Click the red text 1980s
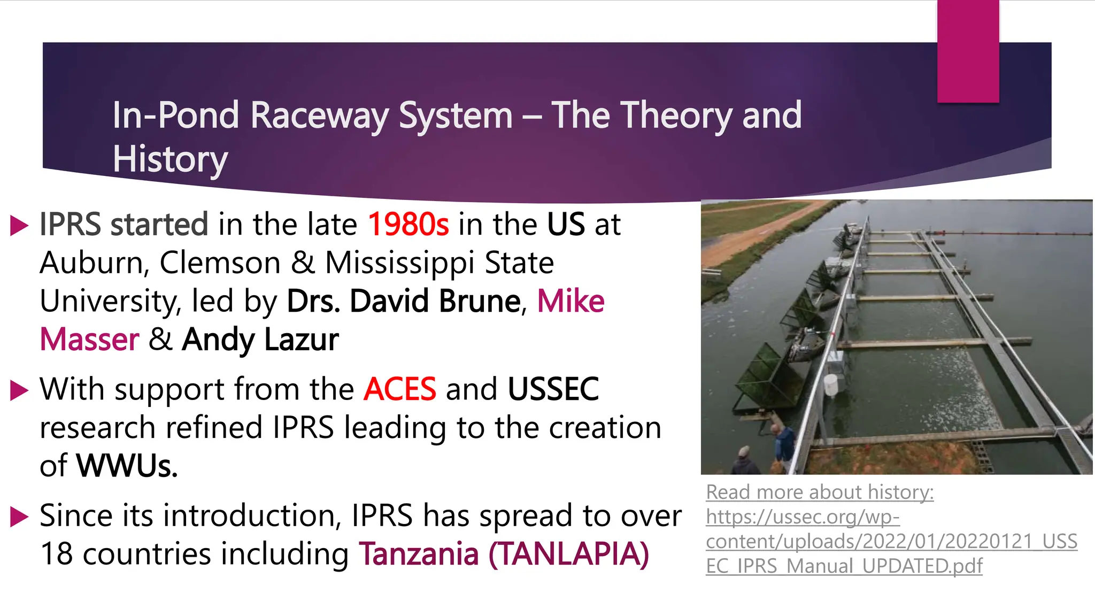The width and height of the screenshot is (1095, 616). [408, 224]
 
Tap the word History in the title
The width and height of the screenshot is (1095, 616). [170, 159]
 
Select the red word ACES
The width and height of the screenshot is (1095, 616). [399, 389]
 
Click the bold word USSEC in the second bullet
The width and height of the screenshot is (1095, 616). [553, 389]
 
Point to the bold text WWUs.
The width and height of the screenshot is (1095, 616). [127, 466]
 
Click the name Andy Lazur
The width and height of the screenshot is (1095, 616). [260, 340]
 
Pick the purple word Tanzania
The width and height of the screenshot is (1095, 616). [418, 554]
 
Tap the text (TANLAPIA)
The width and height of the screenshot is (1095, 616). [568, 554]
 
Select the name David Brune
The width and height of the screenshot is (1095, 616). [435, 301]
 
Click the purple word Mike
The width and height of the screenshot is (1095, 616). [570, 301]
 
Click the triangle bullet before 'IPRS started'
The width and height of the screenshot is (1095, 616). [19, 226]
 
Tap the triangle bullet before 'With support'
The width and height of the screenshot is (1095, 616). [19, 390]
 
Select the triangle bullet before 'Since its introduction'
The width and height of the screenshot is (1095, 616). [19, 517]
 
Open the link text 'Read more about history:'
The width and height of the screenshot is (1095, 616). [819, 492]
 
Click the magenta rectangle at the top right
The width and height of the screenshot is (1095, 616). [968, 51]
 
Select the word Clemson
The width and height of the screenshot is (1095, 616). [220, 263]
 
